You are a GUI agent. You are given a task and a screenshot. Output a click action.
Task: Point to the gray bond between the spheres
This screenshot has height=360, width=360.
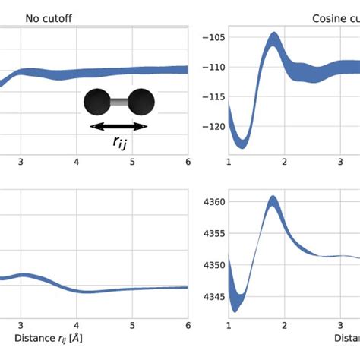(120, 101)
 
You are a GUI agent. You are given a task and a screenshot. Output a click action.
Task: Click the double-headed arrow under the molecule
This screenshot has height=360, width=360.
(119, 126)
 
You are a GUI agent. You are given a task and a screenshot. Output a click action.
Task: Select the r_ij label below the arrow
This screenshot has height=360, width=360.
(120, 142)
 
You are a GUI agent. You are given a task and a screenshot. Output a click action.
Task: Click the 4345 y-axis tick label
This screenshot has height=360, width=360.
(209, 297)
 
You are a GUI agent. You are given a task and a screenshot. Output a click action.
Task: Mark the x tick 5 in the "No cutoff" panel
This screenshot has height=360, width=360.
(132, 161)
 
